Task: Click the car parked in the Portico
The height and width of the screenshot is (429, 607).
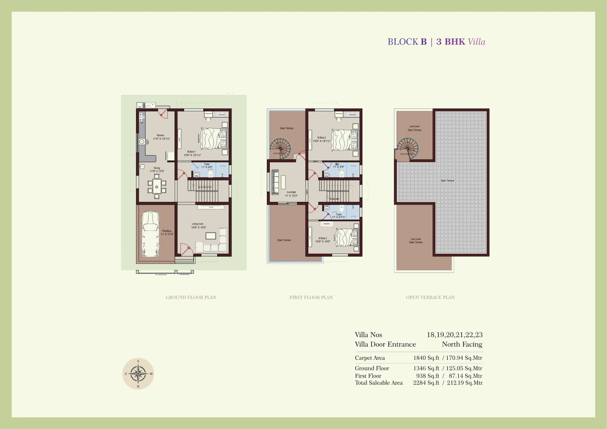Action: [150, 234]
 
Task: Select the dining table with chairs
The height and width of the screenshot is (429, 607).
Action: [157, 186]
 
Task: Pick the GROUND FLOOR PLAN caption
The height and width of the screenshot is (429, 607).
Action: [191, 297]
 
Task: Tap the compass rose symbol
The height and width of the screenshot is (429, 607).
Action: [138, 374]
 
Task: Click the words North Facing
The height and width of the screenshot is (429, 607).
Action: [462, 344]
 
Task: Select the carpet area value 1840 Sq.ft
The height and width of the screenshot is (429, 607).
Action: [426, 358]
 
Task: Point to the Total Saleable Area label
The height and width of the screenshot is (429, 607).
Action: [379, 383]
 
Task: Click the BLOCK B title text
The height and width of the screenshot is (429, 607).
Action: [407, 42]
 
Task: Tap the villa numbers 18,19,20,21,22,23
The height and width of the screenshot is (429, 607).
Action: [454, 335]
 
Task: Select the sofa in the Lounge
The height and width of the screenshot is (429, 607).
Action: [275, 182]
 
